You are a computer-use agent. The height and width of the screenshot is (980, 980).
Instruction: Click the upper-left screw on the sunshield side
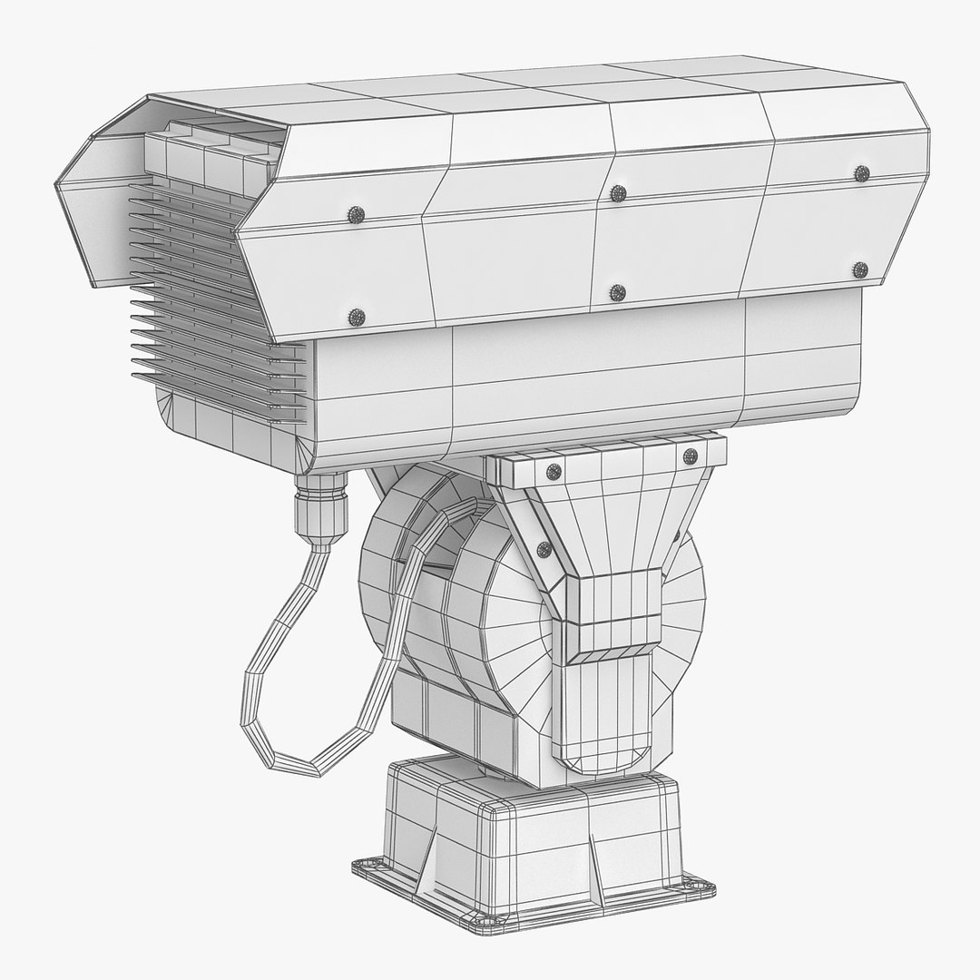point(356,214)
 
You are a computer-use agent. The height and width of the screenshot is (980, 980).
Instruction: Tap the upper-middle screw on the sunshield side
point(618,192)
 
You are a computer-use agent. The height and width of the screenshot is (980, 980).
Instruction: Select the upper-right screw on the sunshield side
point(862,172)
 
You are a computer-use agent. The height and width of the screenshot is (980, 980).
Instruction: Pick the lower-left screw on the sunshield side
point(356,317)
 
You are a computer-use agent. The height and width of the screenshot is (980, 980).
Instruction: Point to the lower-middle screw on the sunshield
point(618,292)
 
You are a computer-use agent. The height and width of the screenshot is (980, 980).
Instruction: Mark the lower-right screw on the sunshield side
point(860,269)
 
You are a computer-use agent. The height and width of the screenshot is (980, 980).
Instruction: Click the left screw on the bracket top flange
point(553,470)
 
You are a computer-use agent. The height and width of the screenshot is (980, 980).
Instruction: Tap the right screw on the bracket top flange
point(690,456)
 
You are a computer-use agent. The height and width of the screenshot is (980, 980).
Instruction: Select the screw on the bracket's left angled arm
point(544,547)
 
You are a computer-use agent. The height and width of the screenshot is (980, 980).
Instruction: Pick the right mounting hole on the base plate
point(698,884)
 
